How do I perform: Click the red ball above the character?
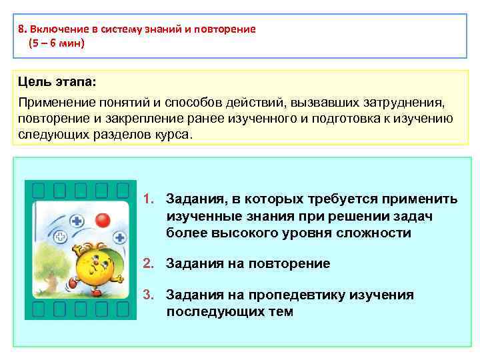102,219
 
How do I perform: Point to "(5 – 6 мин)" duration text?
57,43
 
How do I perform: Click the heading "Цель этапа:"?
57,83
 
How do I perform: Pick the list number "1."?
150,199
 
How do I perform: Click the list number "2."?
150,263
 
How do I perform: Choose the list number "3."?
150,295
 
